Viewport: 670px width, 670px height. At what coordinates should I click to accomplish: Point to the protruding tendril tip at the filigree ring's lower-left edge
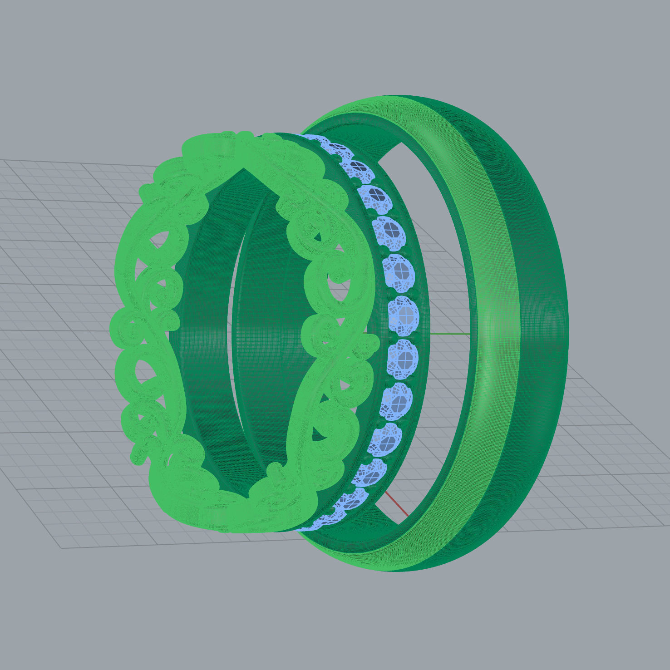coord(137,456)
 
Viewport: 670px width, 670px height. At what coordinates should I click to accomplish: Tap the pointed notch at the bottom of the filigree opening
coord(247,498)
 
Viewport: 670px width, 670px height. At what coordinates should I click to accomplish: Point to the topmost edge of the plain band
coord(399,96)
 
